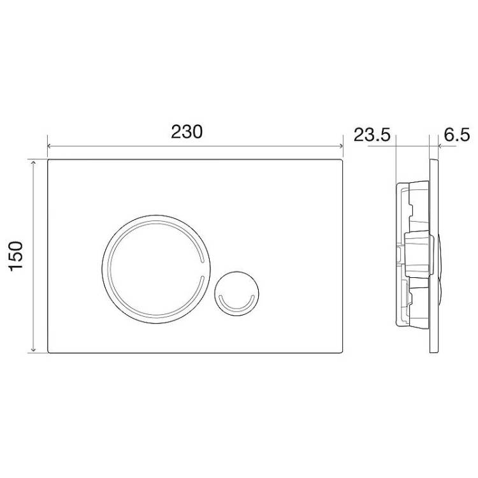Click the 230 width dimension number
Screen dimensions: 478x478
[187, 132]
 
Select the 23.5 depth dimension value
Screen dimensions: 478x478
[372, 134]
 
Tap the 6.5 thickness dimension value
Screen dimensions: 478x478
[457, 134]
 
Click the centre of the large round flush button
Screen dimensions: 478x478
[156, 269]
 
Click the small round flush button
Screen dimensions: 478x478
[236, 293]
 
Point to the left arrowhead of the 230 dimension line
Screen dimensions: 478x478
[49, 146]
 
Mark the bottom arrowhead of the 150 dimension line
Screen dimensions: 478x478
[33, 351]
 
